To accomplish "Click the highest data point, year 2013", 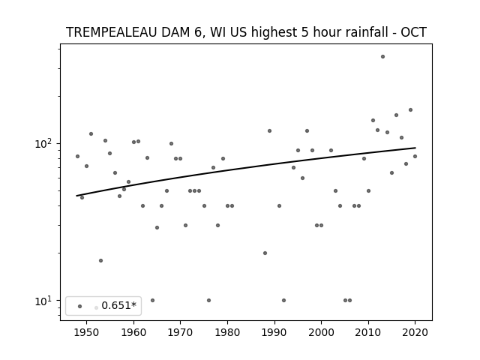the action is pyautogui.click(x=382, y=57).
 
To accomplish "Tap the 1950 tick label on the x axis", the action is pyautogui.click(x=86, y=332).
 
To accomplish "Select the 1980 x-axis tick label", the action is pyautogui.click(x=227, y=332).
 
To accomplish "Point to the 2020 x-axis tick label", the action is pyautogui.click(x=415, y=332).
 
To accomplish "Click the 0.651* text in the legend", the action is pyautogui.click(x=118, y=305).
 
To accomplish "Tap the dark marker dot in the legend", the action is pyautogui.click(x=80, y=307).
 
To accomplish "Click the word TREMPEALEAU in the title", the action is pyautogui.click(x=112, y=32).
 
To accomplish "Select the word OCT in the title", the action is pyautogui.click(x=413, y=32).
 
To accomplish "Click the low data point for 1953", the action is pyautogui.click(x=100, y=260).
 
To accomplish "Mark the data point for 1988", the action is pyautogui.click(x=265, y=253).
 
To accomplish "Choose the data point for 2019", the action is pyautogui.click(x=410, y=110).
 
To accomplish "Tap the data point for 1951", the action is pyautogui.click(x=91, y=133).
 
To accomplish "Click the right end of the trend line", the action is pyautogui.click(x=415, y=148).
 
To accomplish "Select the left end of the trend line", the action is pyautogui.click(x=76, y=196).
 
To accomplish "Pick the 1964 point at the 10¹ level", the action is pyautogui.click(x=152, y=300).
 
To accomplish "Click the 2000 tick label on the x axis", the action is pyautogui.click(x=321, y=332).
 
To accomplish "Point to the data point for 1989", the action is pyautogui.click(x=270, y=131).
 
